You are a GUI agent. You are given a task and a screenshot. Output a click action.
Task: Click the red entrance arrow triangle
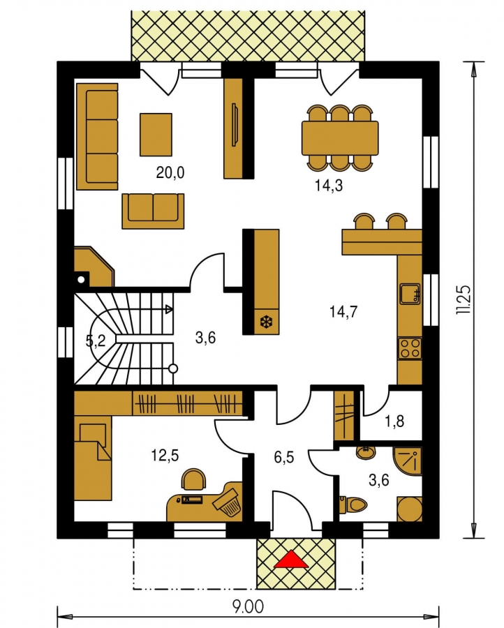(x=291, y=559)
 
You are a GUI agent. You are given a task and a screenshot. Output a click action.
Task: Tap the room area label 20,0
(x=170, y=172)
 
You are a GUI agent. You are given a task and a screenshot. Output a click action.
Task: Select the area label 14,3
(x=329, y=186)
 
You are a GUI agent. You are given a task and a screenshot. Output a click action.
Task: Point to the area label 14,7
(x=343, y=311)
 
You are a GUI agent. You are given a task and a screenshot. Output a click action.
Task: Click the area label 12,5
(x=165, y=455)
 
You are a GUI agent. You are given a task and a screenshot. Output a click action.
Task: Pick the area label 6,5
(x=284, y=457)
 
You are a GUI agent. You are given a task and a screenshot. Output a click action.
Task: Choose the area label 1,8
(x=394, y=421)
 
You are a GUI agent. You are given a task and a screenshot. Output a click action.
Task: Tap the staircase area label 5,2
(x=96, y=341)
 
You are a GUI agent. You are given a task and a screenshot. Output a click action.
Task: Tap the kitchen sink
(x=410, y=294)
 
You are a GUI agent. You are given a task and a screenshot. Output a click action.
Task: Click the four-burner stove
(x=410, y=348)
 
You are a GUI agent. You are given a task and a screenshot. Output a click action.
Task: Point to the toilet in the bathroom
(x=353, y=504)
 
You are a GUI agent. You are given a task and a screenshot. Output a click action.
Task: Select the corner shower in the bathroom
(x=408, y=461)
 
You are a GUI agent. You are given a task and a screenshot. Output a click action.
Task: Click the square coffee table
(x=156, y=135)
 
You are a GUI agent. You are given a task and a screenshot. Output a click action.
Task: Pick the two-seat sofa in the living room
(x=153, y=211)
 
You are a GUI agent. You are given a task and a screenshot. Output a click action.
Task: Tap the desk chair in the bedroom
(x=194, y=479)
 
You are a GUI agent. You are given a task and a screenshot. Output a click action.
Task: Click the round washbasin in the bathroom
(x=366, y=452)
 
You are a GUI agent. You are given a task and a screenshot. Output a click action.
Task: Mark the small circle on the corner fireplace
(x=82, y=279)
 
